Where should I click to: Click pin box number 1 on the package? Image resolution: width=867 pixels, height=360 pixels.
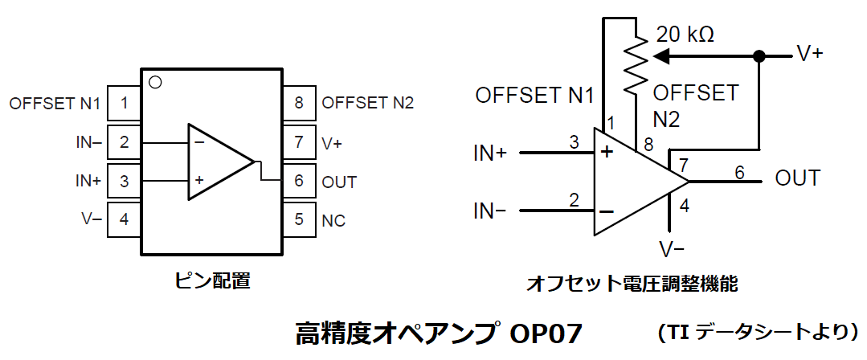[123, 103]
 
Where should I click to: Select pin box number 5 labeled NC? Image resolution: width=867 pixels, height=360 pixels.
[299, 219]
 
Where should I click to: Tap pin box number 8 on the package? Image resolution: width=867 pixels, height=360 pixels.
[299, 103]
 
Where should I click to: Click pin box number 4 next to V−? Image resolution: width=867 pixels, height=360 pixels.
[123, 219]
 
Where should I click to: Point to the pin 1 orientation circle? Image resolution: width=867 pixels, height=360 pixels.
[156, 82]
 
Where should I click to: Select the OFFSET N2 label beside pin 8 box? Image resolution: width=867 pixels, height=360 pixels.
[367, 103]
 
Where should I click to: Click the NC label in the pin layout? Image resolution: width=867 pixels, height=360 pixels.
[333, 220]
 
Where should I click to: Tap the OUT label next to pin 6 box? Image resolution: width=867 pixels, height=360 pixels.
[339, 182]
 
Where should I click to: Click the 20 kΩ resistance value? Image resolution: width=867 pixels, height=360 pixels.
[685, 35]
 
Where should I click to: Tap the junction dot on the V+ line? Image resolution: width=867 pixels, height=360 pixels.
[757, 57]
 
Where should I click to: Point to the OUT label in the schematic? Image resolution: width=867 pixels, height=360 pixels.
[797, 178]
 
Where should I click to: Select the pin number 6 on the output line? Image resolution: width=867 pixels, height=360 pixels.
[739, 171]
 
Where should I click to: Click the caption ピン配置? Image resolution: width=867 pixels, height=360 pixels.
[212, 280]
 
